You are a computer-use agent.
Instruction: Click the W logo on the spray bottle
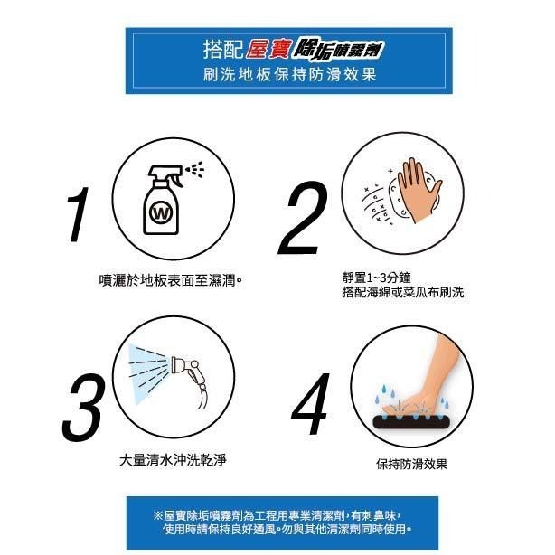[x=162, y=214]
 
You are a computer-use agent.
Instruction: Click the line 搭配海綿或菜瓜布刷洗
[x=390, y=293]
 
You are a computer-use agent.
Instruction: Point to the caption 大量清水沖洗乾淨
[x=173, y=460]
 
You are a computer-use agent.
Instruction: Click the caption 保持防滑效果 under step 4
[x=411, y=464]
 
